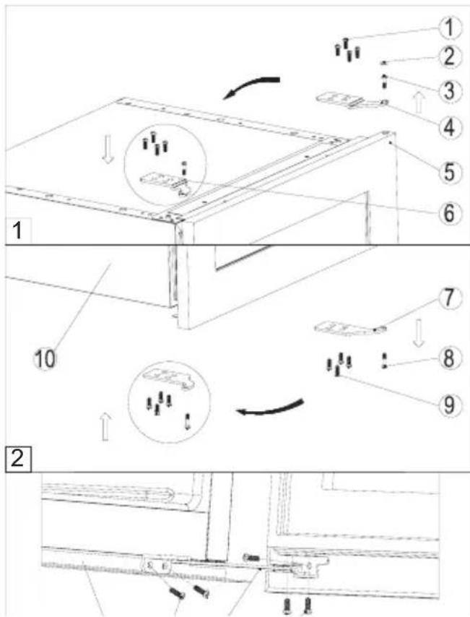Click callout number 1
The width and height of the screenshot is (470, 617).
(450, 28)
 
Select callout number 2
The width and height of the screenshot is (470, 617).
(450, 56)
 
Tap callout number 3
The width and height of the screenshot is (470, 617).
(450, 90)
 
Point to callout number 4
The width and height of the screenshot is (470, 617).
(450, 129)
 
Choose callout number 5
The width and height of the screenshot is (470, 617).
(450, 172)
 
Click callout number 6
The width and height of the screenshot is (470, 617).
(450, 214)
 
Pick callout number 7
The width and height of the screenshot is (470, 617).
(450, 298)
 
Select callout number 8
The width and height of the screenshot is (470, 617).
(450, 359)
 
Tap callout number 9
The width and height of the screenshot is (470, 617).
(450, 405)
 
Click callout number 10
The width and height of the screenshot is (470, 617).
(45, 360)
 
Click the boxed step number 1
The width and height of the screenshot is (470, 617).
(17, 230)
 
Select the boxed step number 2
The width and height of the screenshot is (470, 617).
(18, 459)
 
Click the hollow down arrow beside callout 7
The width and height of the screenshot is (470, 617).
(419, 333)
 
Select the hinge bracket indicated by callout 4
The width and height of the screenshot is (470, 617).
(353, 100)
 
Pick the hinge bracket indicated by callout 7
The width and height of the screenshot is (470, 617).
(349, 328)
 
